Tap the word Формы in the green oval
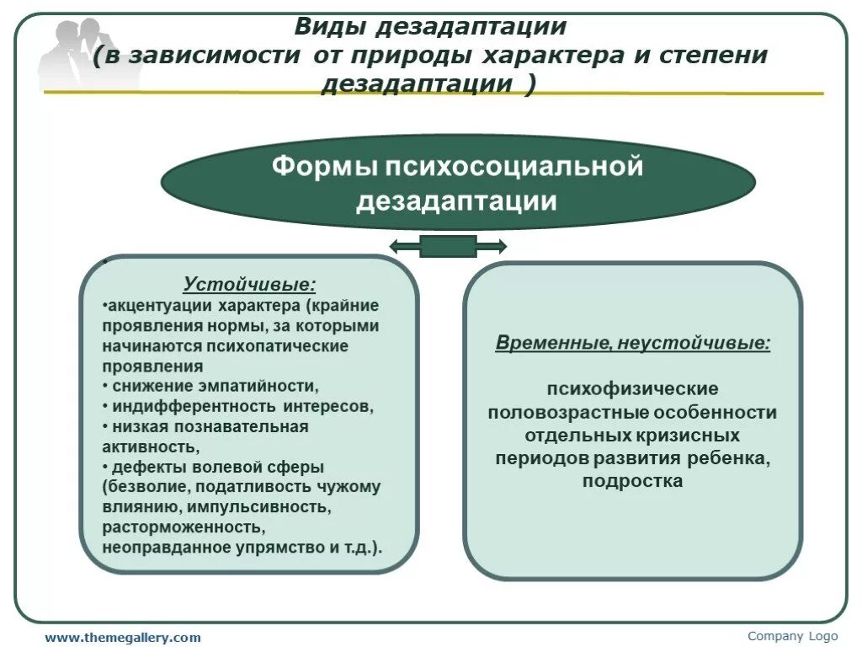[x=323, y=166]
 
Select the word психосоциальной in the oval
[x=513, y=166]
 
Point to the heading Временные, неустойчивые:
[x=632, y=343]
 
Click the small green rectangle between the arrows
[x=448, y=246]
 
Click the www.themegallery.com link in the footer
[x=123, y=638]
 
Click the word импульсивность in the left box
[x=252, y=507]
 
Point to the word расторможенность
[x=184, y=527]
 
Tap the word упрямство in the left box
[x=285, y=548]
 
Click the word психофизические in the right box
[x=632, y=389]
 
